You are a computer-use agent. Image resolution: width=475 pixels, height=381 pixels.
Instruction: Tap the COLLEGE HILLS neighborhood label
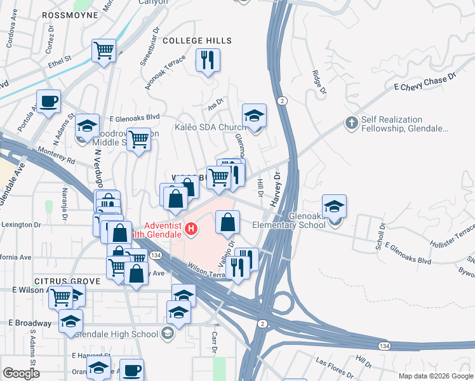[x=197, y=41]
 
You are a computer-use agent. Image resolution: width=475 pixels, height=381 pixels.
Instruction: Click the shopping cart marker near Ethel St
[x=104, y=51]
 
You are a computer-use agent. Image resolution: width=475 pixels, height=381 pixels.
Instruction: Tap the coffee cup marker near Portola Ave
[x=48, y=102]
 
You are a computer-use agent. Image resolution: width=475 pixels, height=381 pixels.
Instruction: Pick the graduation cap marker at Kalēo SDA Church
[x=254, y=116]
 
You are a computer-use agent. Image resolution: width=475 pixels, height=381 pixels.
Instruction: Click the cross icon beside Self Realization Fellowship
[x=351, y=123]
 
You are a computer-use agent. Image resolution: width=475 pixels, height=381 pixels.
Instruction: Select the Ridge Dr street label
[x=318, y=83]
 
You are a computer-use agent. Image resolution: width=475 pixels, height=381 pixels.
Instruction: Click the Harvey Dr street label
[x=277, y=190]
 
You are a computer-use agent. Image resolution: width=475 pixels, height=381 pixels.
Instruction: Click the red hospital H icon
[x=190, y=229]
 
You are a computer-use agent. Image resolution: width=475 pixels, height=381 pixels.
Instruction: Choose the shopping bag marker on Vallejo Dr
[x=227, y=222]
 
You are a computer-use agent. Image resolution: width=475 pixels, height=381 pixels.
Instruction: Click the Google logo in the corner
[x=21, y=373]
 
